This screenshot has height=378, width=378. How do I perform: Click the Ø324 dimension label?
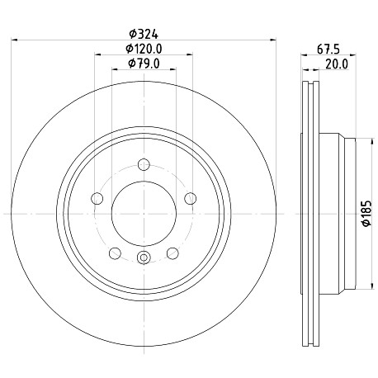pos(144,34)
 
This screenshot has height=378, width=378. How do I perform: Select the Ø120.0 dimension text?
pos(144,49)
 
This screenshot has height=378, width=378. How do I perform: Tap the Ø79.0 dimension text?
pos(144,64)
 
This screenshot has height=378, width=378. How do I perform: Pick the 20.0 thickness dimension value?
pos(337,64)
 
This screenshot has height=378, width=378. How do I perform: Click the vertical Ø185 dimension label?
pos(366,214)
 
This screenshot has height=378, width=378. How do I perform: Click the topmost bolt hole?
pos(144,165)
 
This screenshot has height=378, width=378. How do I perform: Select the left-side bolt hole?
pos(97,198)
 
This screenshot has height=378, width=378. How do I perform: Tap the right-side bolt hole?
pos(191,198)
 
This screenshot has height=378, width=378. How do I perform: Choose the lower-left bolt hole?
pos(115,253)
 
